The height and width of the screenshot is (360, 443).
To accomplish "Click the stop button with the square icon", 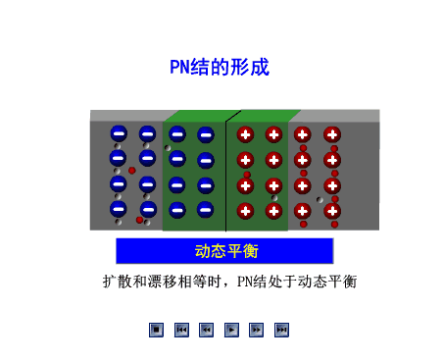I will click(x=156, y=330).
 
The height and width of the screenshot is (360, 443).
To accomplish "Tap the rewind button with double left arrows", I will click(x=206, y=330).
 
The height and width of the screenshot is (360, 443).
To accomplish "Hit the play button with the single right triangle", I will click(x=231, y=330).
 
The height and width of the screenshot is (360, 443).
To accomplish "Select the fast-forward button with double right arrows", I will click(x=257, y=330).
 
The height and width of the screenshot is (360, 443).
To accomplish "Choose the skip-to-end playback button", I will click(x=282, y=330).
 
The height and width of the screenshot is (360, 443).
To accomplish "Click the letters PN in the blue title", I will click(x=180, y=68).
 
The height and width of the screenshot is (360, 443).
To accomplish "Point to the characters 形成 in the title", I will click(x=248, y=68).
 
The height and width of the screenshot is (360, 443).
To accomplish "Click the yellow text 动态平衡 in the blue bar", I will click(x=225, y=251).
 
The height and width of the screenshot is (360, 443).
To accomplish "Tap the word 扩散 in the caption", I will click(x=117, y=282).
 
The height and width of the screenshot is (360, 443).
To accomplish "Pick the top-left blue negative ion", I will click(x=118, y=134).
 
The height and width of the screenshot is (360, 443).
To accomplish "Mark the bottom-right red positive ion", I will click(x=332, y=210).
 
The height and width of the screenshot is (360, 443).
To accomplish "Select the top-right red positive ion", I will click(x=332, y=134).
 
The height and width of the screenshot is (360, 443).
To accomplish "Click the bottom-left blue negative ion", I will click(x=118, y=209).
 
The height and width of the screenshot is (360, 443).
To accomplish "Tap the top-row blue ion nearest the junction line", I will click(x=206, y=134).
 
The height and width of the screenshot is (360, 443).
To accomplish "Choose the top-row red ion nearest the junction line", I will click(x=245, y=134).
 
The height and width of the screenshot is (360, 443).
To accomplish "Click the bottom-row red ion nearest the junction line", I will click(x=245, y=210).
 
